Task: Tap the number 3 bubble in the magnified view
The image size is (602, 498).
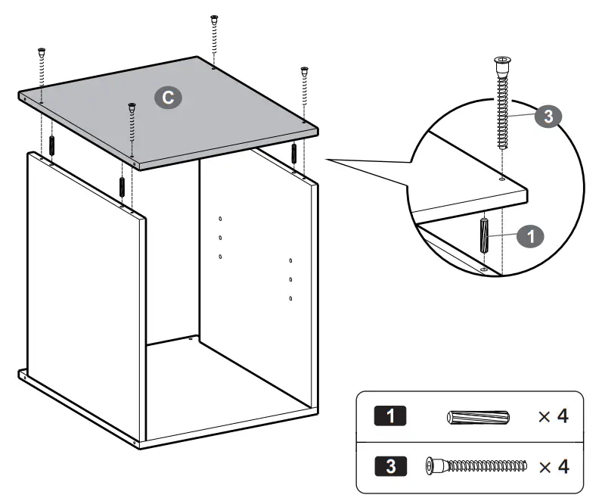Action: (548, 116)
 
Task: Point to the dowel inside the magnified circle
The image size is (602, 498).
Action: (485, 236)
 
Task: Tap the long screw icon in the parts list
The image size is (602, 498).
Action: (476, 465)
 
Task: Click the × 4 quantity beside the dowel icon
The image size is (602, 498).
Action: (552, 417)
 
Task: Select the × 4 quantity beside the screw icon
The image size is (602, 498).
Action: (552, 465)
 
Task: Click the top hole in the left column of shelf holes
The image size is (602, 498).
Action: (220, 219)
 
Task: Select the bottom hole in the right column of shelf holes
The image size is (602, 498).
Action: (291, 298)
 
